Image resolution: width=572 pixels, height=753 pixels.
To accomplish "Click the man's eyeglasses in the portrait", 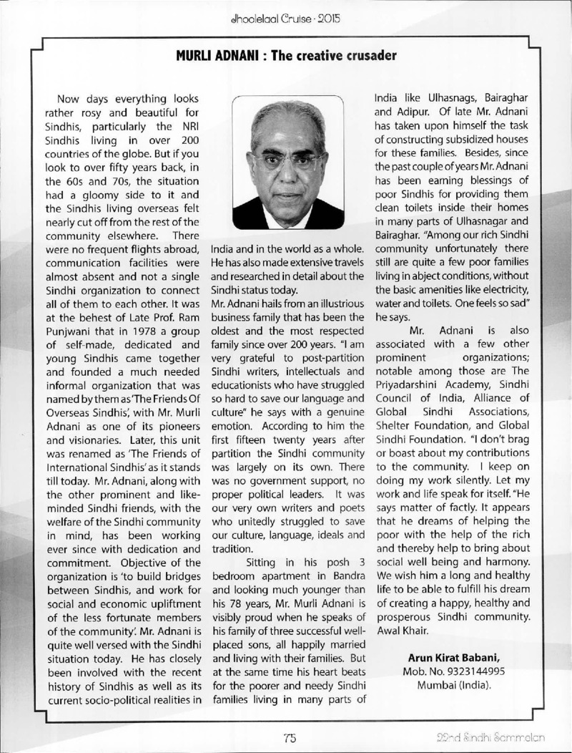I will (290, 160).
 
